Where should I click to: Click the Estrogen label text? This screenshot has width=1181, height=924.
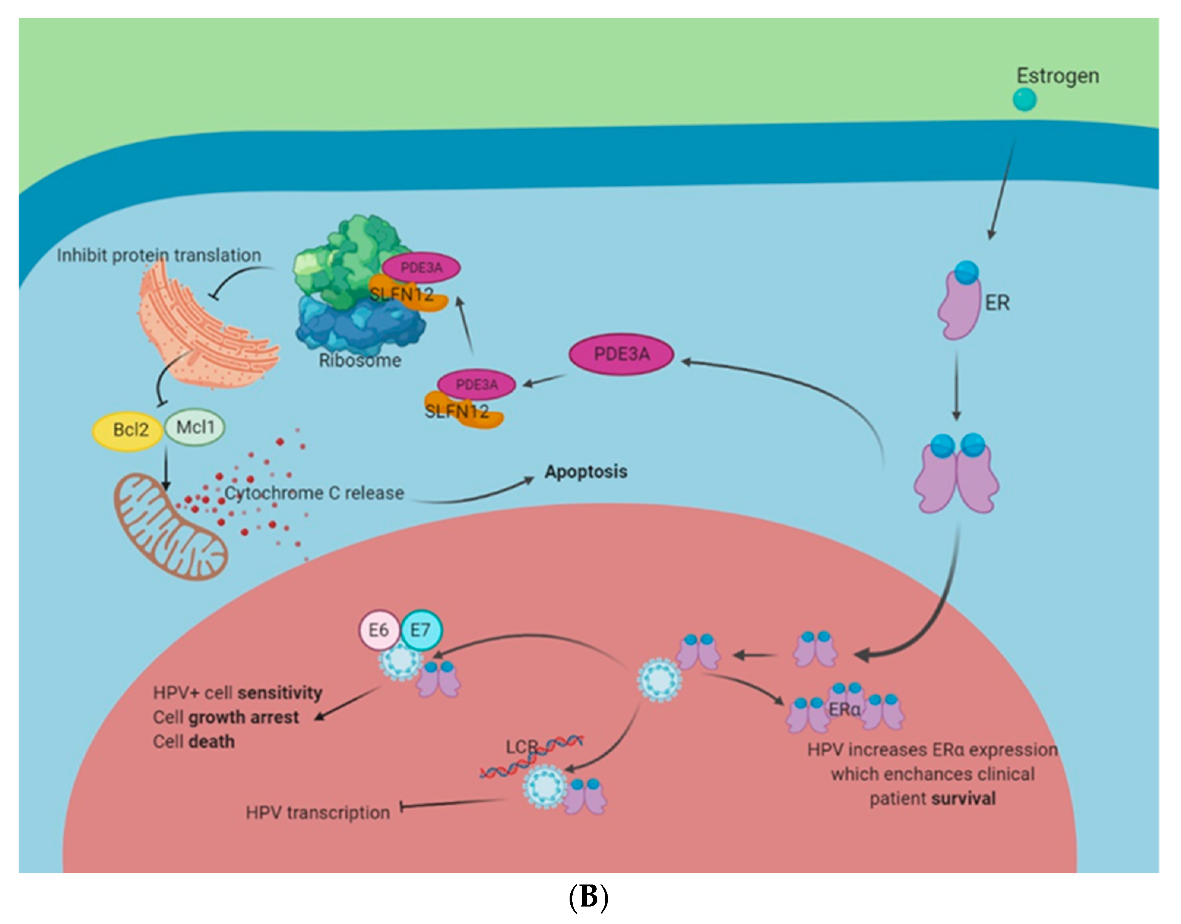[1057, 76]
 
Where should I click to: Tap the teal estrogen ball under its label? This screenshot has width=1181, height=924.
[1024, 100]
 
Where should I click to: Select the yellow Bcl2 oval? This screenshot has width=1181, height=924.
[128, 430]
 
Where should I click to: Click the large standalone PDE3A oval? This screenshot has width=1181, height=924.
[621, 354]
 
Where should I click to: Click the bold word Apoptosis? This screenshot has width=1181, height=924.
[586, 472]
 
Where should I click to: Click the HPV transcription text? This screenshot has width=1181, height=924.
[318, 813]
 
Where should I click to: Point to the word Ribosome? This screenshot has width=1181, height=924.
[360, 360]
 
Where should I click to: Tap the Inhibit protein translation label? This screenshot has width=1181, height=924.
[159, 255]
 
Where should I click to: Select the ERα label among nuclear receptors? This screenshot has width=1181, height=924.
[843, 709]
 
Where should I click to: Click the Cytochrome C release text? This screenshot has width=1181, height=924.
[314, 493]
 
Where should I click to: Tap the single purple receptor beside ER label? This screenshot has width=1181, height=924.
[959, 306]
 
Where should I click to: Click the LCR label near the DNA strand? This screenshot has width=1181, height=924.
[521, 747]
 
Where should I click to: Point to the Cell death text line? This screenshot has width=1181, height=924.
[194, 741]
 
